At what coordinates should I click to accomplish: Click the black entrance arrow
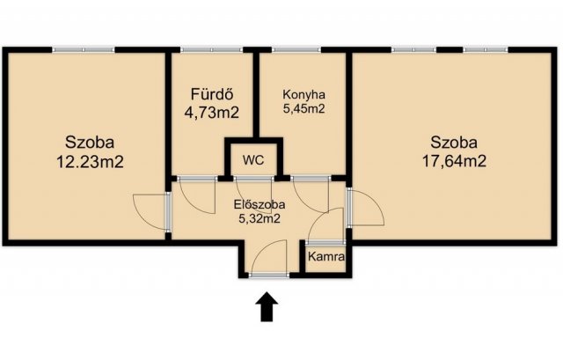(x=267, y=306)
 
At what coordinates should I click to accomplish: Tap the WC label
(x=253, y=160)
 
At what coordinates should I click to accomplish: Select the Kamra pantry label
(x=326, y=256)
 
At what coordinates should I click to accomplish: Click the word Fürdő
(x=212, y=94)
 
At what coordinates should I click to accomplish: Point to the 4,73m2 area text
(x=211, y=113)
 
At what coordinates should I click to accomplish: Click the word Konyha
(x=303, y=94)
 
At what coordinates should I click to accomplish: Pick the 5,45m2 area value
(x=303, y=108)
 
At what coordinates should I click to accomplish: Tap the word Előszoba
(x=260, y=204)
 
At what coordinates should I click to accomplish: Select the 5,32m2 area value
(x=260, y=218)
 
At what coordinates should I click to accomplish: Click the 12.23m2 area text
(x=90, y=162)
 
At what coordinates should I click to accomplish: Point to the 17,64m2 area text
(x=454, y=160)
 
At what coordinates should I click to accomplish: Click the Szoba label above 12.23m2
(x=90, y=142)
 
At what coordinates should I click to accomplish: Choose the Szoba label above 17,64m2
(x=454, y=143)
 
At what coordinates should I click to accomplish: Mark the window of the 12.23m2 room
(x=84, y=49)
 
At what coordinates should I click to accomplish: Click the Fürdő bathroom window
(x=211, y=49)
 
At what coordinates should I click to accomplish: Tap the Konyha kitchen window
(x=296, y=49)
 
